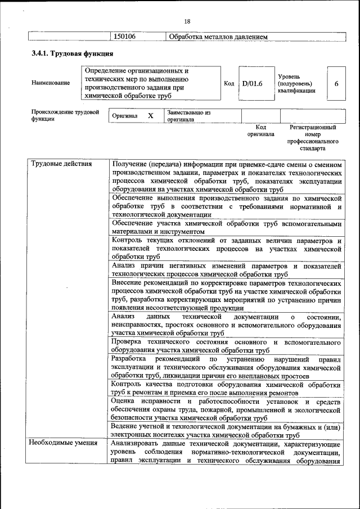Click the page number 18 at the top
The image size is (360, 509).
point(187,21)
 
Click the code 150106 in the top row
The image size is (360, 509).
point(125,37)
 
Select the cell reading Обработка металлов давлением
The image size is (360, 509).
point(219,37)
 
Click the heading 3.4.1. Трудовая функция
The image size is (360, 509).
point(73,54)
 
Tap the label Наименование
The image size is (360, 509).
point(51,83)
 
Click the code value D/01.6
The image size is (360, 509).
point(253,83)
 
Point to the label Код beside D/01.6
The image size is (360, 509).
point(229,83)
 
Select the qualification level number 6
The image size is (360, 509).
point(336,83)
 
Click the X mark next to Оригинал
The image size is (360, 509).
point(150,115)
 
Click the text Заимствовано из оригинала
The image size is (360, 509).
point(188,116)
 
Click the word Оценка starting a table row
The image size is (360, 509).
point(123,402)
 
